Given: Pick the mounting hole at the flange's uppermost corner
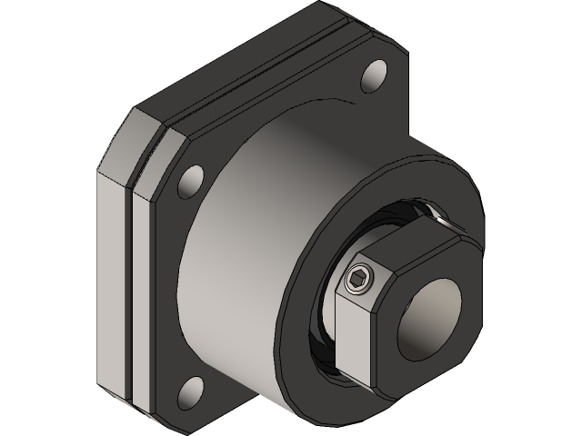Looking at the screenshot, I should (x=374, y=75).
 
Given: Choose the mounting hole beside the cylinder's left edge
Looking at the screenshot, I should (x=192, y=182).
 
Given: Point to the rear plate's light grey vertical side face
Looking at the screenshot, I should (x=113, y=272).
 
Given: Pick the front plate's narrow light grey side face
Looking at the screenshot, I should (x=144, y=291).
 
